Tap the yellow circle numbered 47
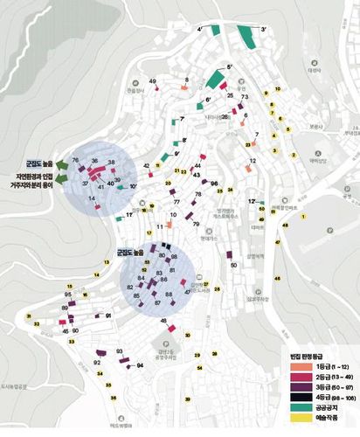(278, 242)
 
